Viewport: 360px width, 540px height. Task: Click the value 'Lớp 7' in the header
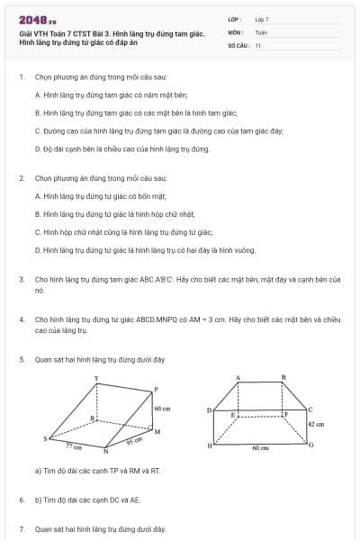click(262, 19)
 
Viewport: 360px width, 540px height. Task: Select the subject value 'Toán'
click(261, 31)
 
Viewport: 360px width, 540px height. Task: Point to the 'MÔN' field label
click(235, 31)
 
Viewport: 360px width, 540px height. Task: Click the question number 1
click(21, 77)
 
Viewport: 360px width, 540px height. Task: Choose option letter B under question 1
click(37, 112)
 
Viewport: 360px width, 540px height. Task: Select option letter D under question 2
click(37, 249)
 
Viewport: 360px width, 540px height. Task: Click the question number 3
click(21, 280)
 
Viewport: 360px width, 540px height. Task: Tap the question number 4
click(21, 319)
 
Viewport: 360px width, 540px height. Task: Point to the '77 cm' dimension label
click(76, 445)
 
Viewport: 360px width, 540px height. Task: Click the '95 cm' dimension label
click(133, 441)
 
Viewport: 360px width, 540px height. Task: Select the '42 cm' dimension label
click(316, 423)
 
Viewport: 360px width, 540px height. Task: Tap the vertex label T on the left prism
click(96, 377)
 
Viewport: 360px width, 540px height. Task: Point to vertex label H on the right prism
click(211, 445)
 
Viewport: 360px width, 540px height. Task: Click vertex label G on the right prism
click(311, 445)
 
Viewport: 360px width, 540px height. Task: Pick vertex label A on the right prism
click(238, 377)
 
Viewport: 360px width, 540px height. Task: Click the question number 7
click(21, 529)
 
